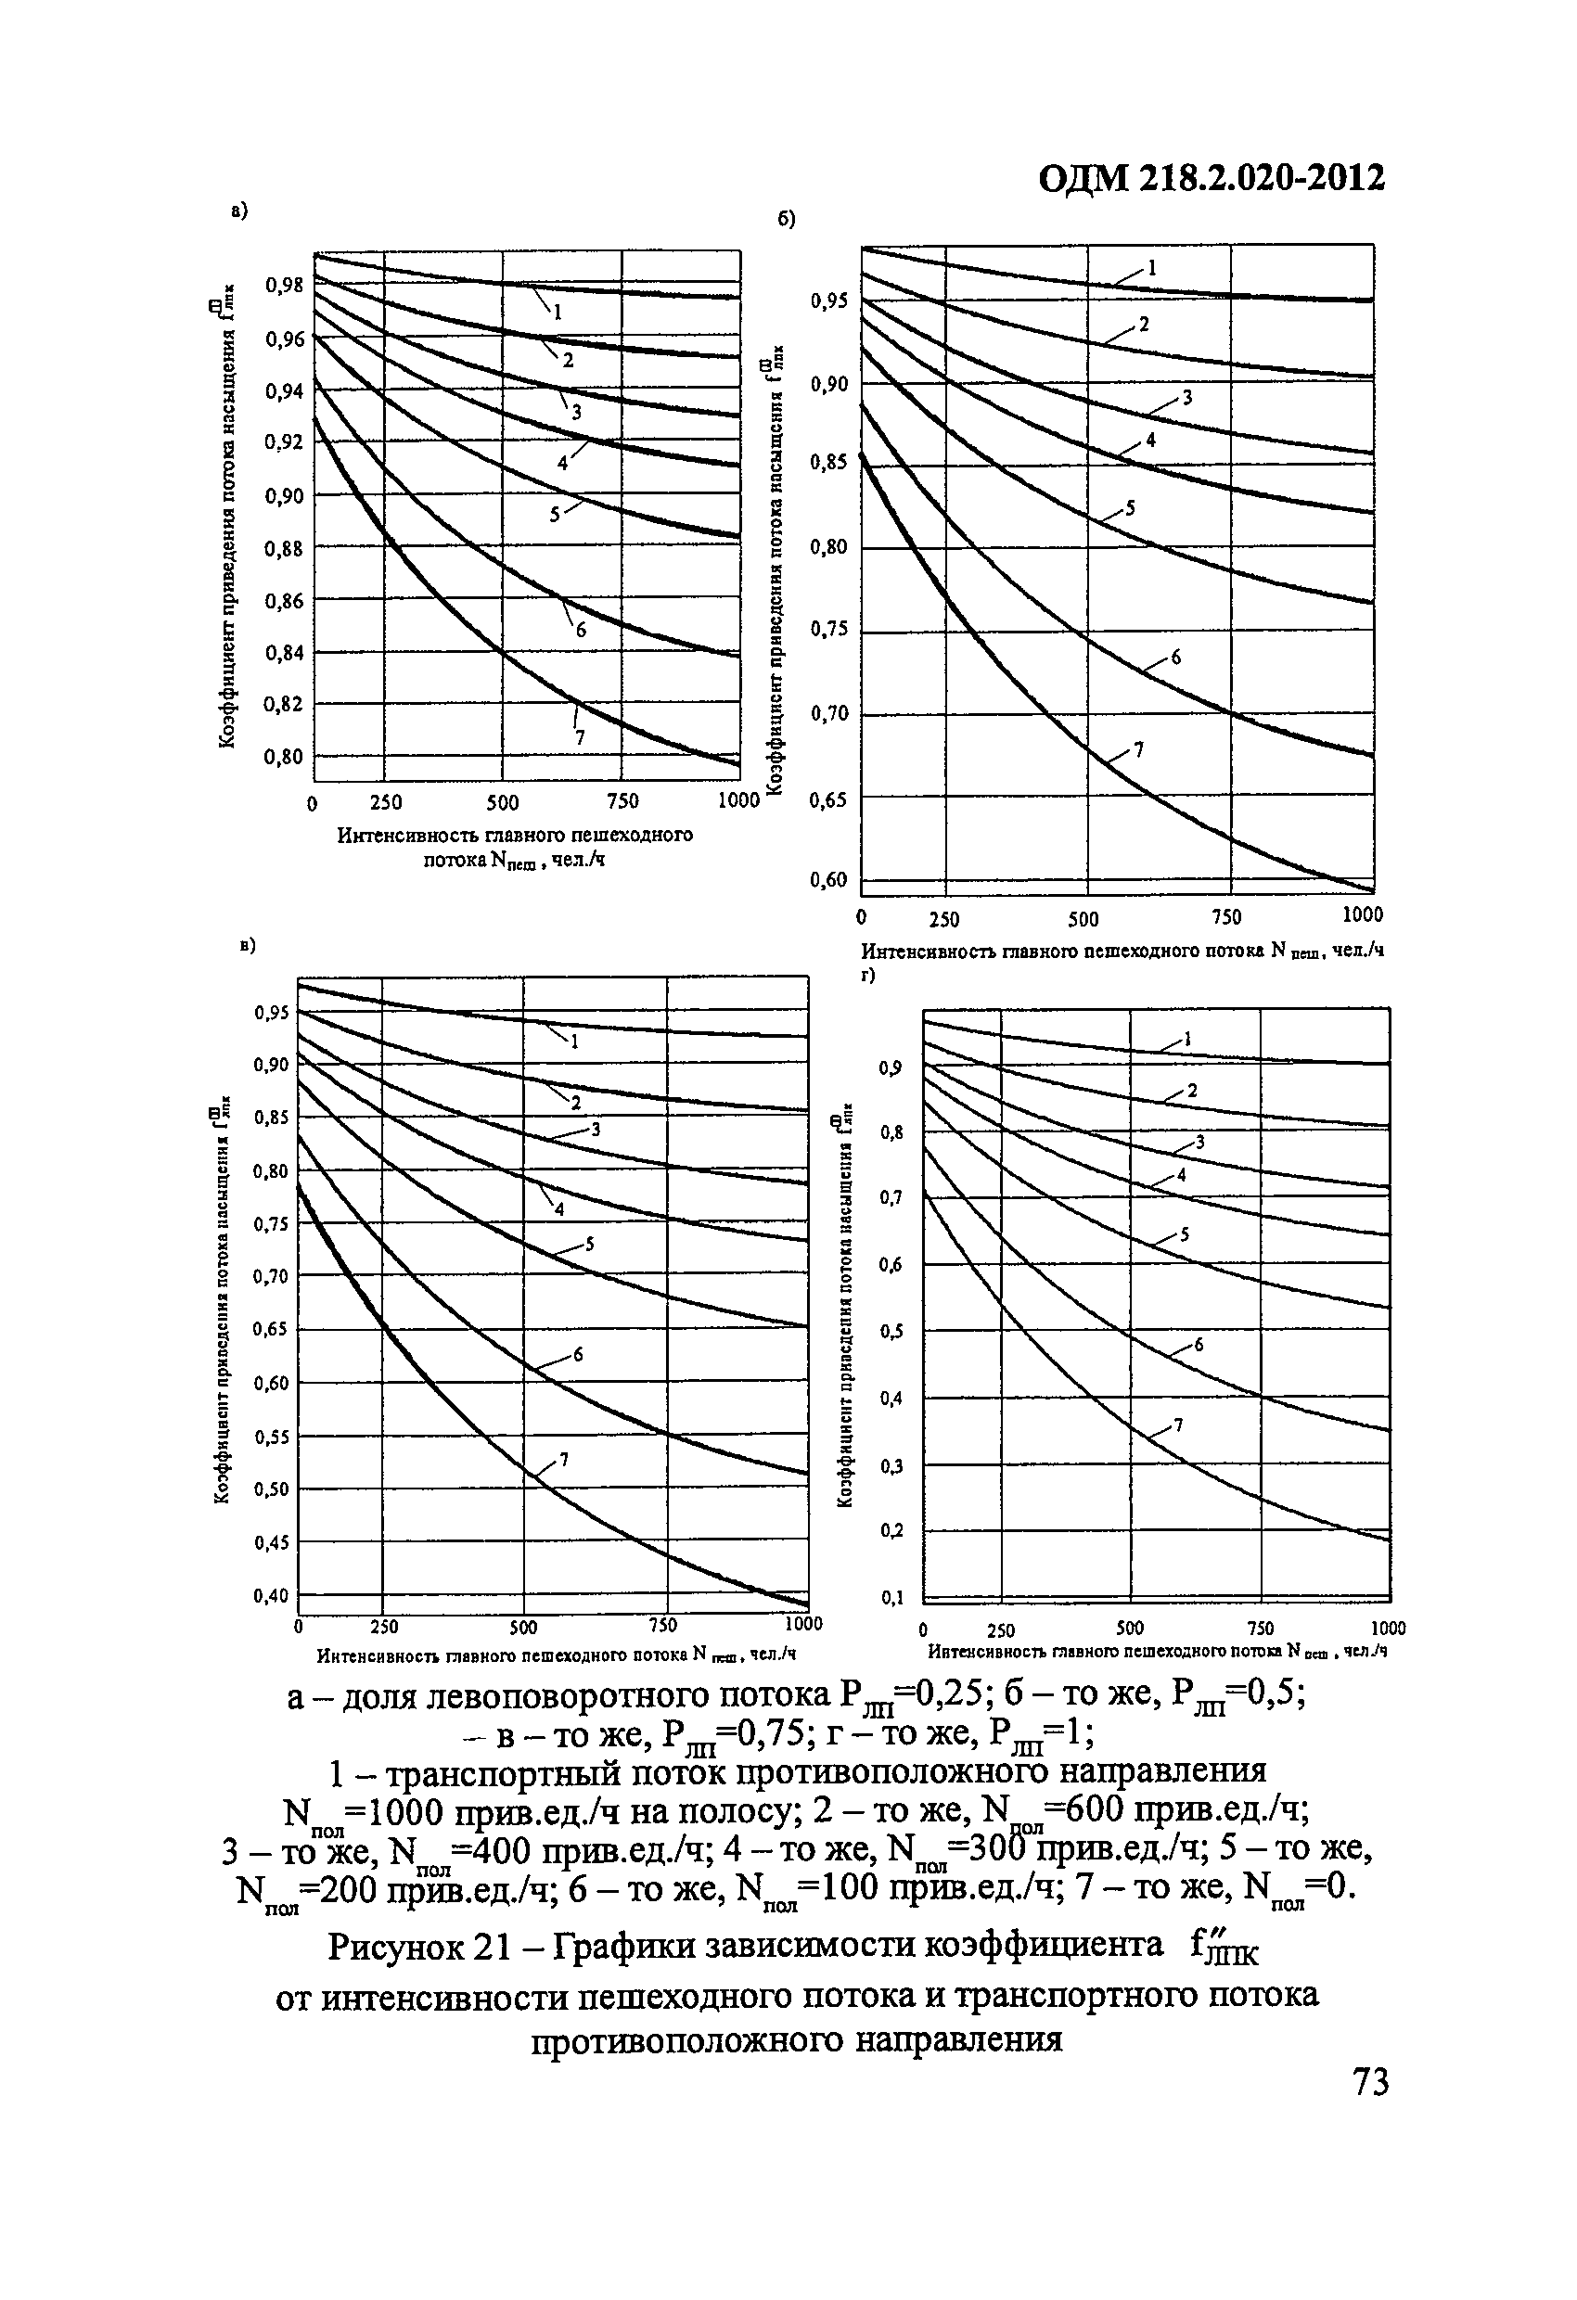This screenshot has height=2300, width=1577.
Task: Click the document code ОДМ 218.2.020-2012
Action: click(x=1212, y=178)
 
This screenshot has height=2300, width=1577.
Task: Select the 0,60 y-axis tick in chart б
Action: click(x=828, y=881)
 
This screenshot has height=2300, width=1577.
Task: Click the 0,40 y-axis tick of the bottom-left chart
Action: click(x=270, y=1595)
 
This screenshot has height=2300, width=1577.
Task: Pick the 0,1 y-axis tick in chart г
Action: click(x=892, y=1597)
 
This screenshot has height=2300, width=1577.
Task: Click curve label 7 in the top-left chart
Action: click(x=579, y=737)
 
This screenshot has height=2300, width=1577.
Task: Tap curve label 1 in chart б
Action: click(x=1150, y=267)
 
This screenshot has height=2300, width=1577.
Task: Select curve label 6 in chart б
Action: click(x=1176, y=657)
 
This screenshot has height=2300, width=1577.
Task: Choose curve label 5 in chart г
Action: click(x=1184, y=1235)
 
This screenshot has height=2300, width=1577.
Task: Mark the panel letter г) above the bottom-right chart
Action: click(x=868, y=975)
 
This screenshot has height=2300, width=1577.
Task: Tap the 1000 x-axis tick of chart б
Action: click(x=1363, y=914)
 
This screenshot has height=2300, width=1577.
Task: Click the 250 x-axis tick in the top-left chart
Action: click(x=385, y=801)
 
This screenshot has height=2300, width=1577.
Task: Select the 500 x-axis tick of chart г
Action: click(x=1130, y=1628)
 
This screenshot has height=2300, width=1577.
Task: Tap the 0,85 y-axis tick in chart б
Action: click(x=828, y=462)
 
